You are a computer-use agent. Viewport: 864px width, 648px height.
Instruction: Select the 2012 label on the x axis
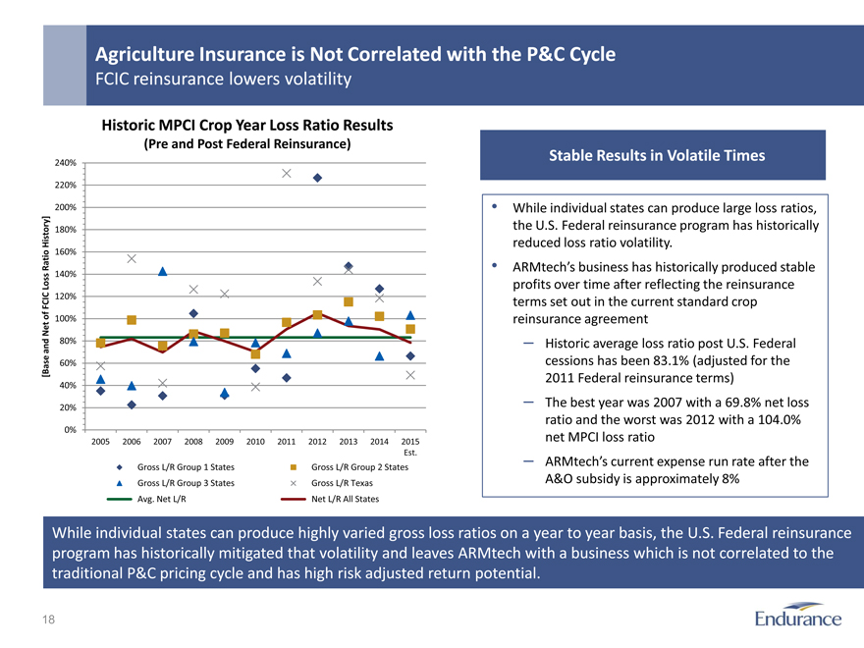317,442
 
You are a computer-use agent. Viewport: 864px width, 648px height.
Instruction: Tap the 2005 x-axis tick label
100,442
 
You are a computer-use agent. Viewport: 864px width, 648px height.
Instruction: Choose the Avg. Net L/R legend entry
162,499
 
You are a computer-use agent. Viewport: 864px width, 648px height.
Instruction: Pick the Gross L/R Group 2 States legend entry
358,467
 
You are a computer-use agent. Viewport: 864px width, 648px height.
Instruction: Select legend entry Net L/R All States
345,499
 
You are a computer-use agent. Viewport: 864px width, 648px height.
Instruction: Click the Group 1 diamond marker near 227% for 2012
318,178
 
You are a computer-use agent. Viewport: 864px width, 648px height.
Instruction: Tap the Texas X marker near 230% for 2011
287,174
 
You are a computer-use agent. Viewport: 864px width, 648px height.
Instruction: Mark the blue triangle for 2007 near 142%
162,272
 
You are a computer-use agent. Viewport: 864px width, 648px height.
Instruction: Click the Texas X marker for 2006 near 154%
132,258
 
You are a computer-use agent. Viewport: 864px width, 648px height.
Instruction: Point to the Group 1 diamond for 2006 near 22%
132,405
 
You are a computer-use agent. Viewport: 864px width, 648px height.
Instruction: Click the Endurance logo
798,618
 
